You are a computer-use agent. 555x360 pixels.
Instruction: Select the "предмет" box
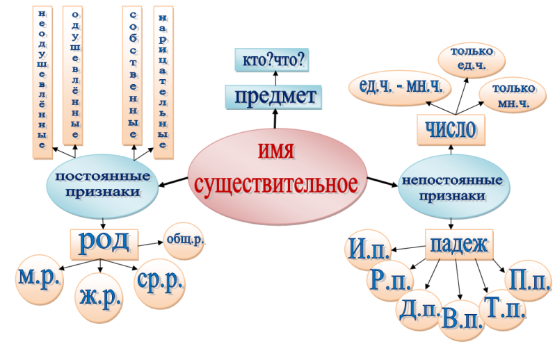275,96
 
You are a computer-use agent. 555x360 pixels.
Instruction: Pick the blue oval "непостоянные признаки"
452,187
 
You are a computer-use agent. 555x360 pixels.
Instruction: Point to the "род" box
104,241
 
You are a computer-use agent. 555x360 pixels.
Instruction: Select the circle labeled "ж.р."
99,300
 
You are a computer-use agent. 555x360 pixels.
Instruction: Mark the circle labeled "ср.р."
160,281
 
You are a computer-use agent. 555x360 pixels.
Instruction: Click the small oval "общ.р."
186,240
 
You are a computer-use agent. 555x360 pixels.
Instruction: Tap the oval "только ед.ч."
472,58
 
